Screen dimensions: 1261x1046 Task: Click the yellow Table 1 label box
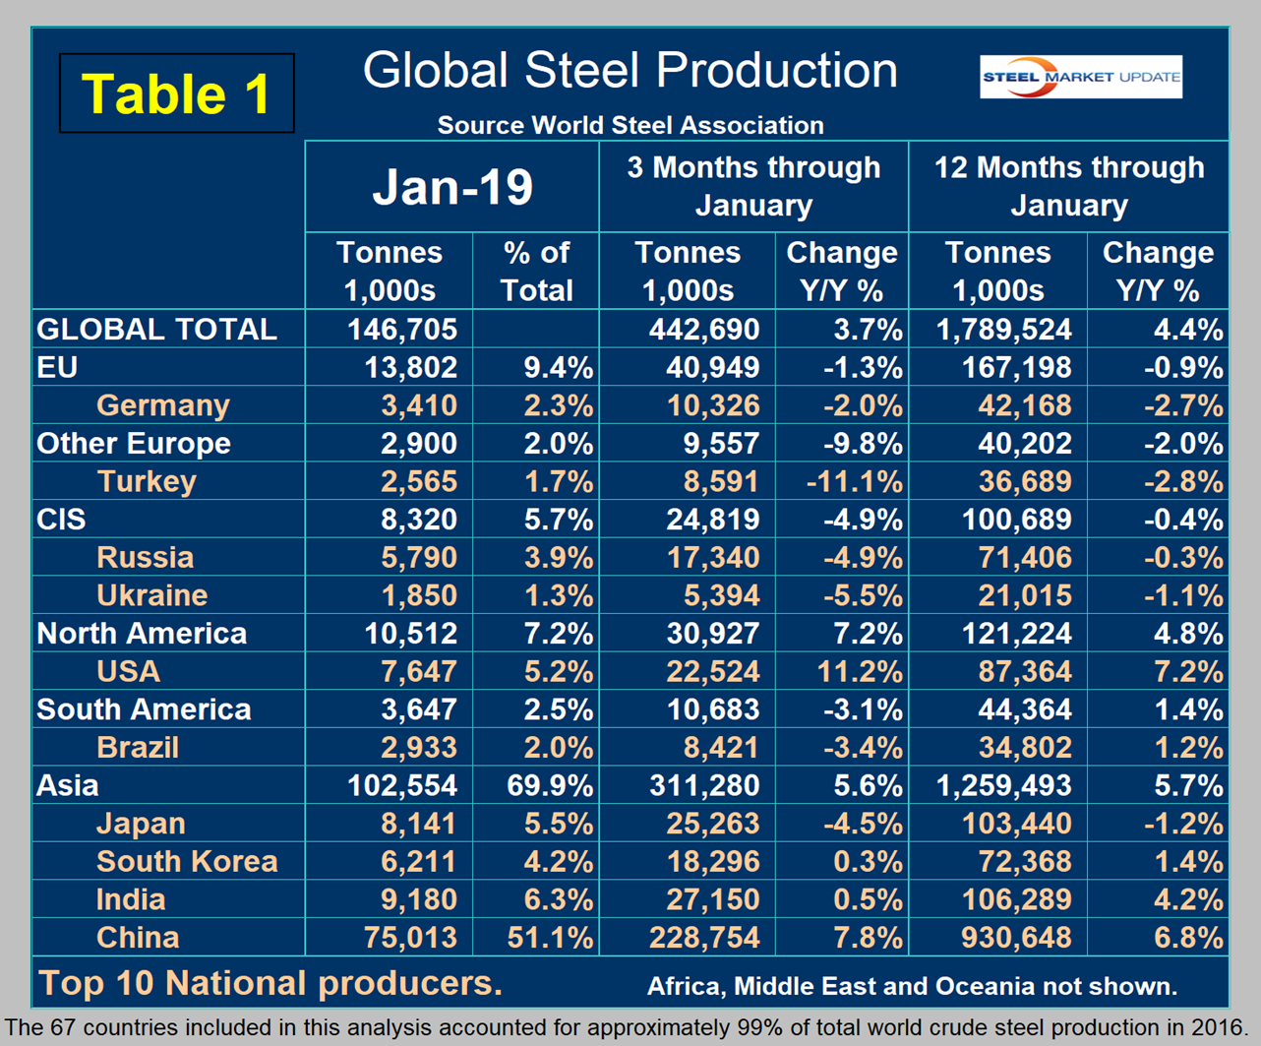coord(176,93)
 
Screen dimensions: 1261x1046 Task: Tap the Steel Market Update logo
coord(1080,77)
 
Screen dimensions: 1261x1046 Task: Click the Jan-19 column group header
coord(452,187)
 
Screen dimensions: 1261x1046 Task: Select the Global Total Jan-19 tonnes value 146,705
coord(402,330)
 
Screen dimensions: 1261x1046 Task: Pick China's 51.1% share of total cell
coord(550,937)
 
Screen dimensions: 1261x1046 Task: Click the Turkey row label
coord(147,481)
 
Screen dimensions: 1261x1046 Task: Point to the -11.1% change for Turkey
coord(855,481)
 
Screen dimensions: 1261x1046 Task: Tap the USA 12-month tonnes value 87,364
coord(1025,671)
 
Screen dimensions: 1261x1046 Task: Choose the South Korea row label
coord(187,862)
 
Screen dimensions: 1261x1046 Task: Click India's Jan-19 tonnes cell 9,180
coord(418,899)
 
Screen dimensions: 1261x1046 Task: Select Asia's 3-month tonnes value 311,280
coord(704,785)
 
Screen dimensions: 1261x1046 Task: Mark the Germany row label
coord(163,405)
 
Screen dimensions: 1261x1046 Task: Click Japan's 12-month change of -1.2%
coord(1183,824)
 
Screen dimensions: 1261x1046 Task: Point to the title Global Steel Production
coord(630,71)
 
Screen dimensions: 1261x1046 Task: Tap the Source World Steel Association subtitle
coord(630,125)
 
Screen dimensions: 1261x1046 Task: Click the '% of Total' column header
coord(536,272)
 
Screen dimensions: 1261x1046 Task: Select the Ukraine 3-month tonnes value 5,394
coord(721,595)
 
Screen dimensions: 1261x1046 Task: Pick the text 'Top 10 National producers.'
coord(270,983)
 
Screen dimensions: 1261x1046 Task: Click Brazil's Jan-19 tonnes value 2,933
coord(418,748)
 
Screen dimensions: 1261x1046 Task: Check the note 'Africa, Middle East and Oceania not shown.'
coord(913,986)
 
